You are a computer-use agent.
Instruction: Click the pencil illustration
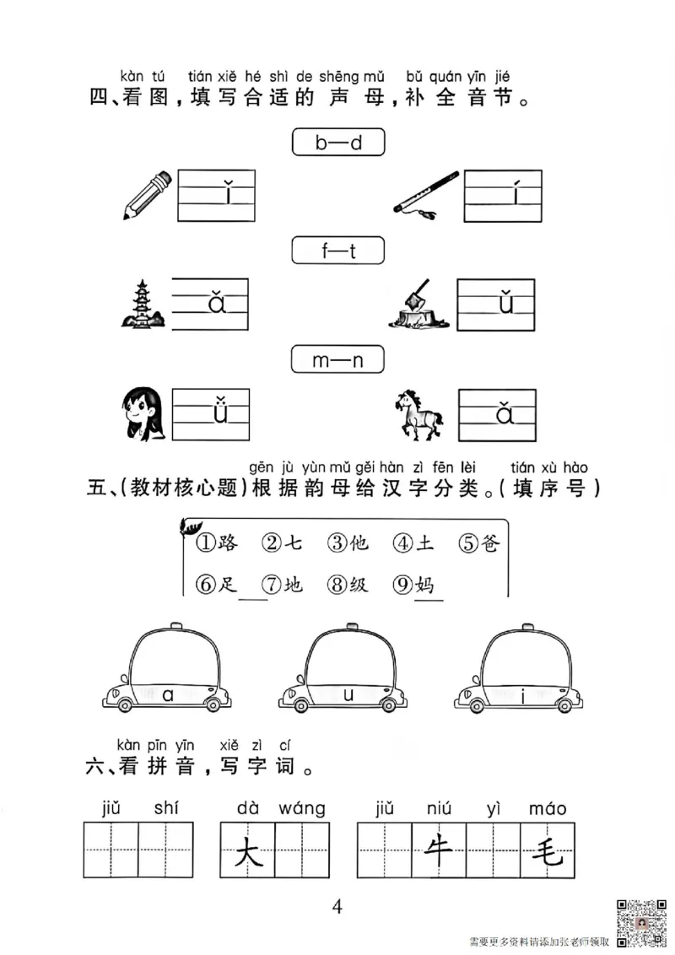pos(147,196)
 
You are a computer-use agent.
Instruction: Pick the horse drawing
pos(418,413)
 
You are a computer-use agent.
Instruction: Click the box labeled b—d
pos(337,143)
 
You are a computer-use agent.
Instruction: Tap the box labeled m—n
pos(337,360)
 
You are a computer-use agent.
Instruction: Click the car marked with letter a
pos(166,671)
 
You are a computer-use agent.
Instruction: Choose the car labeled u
pos(342,671)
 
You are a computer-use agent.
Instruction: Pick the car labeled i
pos(518,671)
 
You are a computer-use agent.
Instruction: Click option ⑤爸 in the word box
pos(479,544)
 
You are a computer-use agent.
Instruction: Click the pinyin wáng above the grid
pos(299,808)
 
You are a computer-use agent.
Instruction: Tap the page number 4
pos(337,907)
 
